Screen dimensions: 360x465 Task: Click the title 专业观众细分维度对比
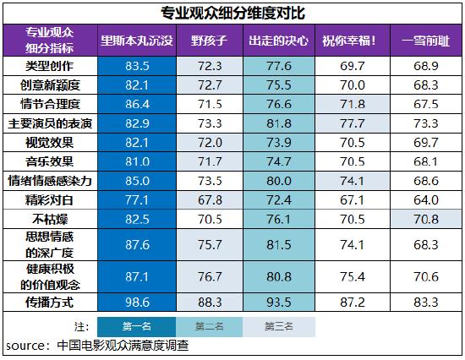tap(232, 13)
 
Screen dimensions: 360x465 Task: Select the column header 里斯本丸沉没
tap(137, 40)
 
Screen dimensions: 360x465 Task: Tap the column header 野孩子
tap(209, 40)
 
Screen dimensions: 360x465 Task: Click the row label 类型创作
tap(50, 66)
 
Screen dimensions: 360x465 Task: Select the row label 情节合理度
tap(50, 104)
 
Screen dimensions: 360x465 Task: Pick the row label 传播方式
tap(50, 302)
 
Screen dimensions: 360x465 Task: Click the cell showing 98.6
tap(137, 302)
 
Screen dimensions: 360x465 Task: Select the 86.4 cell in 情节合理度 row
tap(137, 104)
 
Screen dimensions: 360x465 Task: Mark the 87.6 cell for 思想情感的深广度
tap(137, 245)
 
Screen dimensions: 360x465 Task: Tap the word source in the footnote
tap(26, 346)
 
